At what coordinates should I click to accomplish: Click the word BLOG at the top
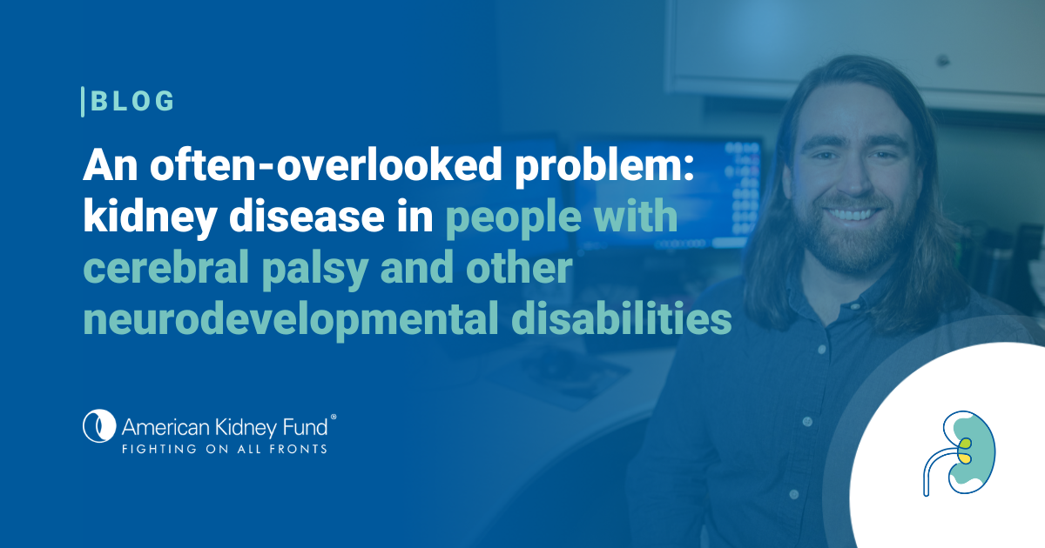pyautogui.click(x=132, y=101)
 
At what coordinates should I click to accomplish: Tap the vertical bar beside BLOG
pyautogui.click(x=83, y=102)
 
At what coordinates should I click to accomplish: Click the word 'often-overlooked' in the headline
pyautogui.click(x=326, y=164)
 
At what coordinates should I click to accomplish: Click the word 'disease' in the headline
pyautogui.click(x=307, y=217)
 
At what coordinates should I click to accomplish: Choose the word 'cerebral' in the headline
pyautogui.click(x=166, y=268)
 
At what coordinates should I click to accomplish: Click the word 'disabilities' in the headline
pyautogui.click(x=622, y=318)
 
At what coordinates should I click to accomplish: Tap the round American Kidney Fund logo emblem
pyautogui.click(x=99, y=426)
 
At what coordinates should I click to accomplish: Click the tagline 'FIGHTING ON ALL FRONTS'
pyautogui.click(x=225, y=449)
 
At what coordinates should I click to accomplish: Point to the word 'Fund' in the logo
pyautogui.click(x=305, y=427)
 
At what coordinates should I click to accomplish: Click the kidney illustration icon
pyautogui.click(x=959, y=453)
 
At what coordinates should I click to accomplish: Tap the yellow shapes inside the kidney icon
pyautogui.click(x=965, y=451)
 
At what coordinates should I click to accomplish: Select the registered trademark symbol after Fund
pyautogui.click(x=333, y=417)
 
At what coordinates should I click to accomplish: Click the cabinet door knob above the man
pyautogui.click(x=943, y=60)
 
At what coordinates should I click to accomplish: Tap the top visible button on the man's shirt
pyautogui.click(x=822, y=349)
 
